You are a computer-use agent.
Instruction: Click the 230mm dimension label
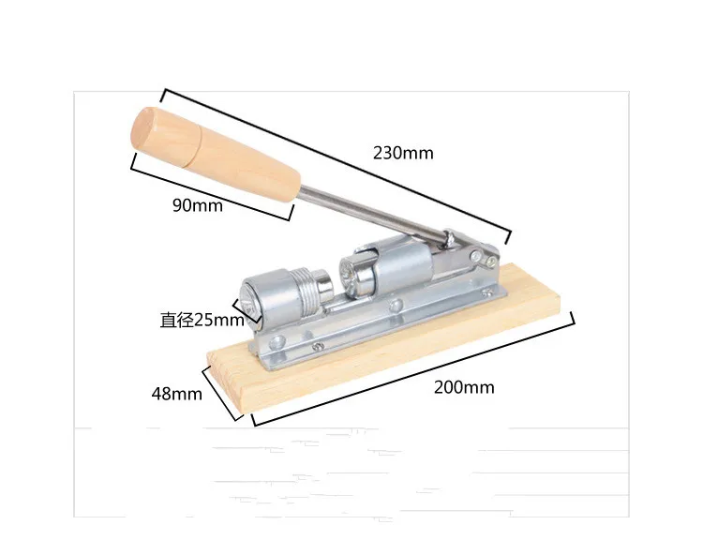pos(403,154)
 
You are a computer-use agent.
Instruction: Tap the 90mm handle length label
pos(198,205)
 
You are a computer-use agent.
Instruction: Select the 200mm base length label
pos(464,387)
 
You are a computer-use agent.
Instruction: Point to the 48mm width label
pos(176,394)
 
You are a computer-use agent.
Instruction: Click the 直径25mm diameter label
pos(202,321)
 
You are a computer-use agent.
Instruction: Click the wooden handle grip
pos(216,155)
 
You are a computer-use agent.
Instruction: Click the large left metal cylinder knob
pos(268,298)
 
